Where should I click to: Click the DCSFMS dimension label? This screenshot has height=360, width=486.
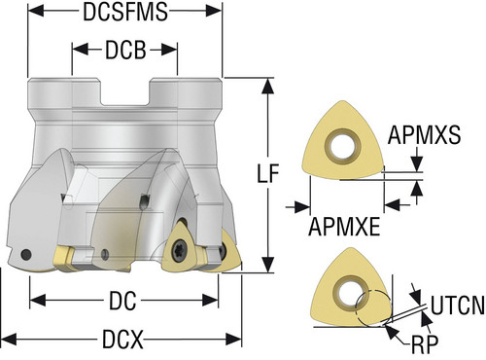[x=125, y=12]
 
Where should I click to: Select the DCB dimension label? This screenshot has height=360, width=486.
[x=125, y=50]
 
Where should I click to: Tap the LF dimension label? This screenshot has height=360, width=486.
[x=267, y=173]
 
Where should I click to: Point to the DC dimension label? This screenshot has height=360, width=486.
[x=122, y=301]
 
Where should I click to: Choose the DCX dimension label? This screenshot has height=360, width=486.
[x=122, y=340]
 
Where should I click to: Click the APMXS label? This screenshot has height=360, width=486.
[x=424, y=134]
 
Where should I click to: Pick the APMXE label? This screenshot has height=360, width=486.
[x=344, y=227]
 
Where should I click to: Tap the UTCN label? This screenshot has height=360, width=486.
[x=458, y=306]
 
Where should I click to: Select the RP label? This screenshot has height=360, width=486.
[x=425, y=344]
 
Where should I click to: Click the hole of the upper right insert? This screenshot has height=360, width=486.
[x=343, y=147]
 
